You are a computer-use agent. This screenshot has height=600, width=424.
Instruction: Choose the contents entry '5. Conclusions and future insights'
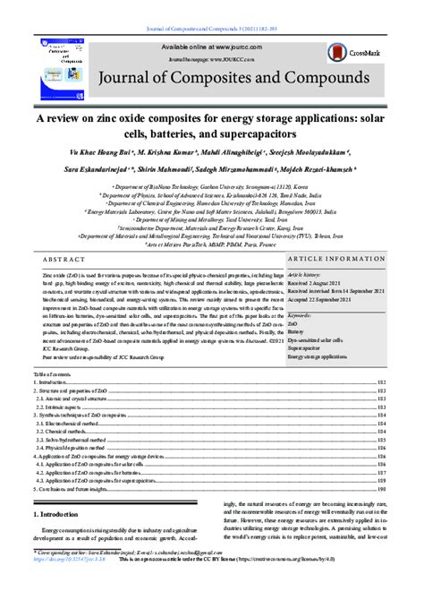click(96, 489)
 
